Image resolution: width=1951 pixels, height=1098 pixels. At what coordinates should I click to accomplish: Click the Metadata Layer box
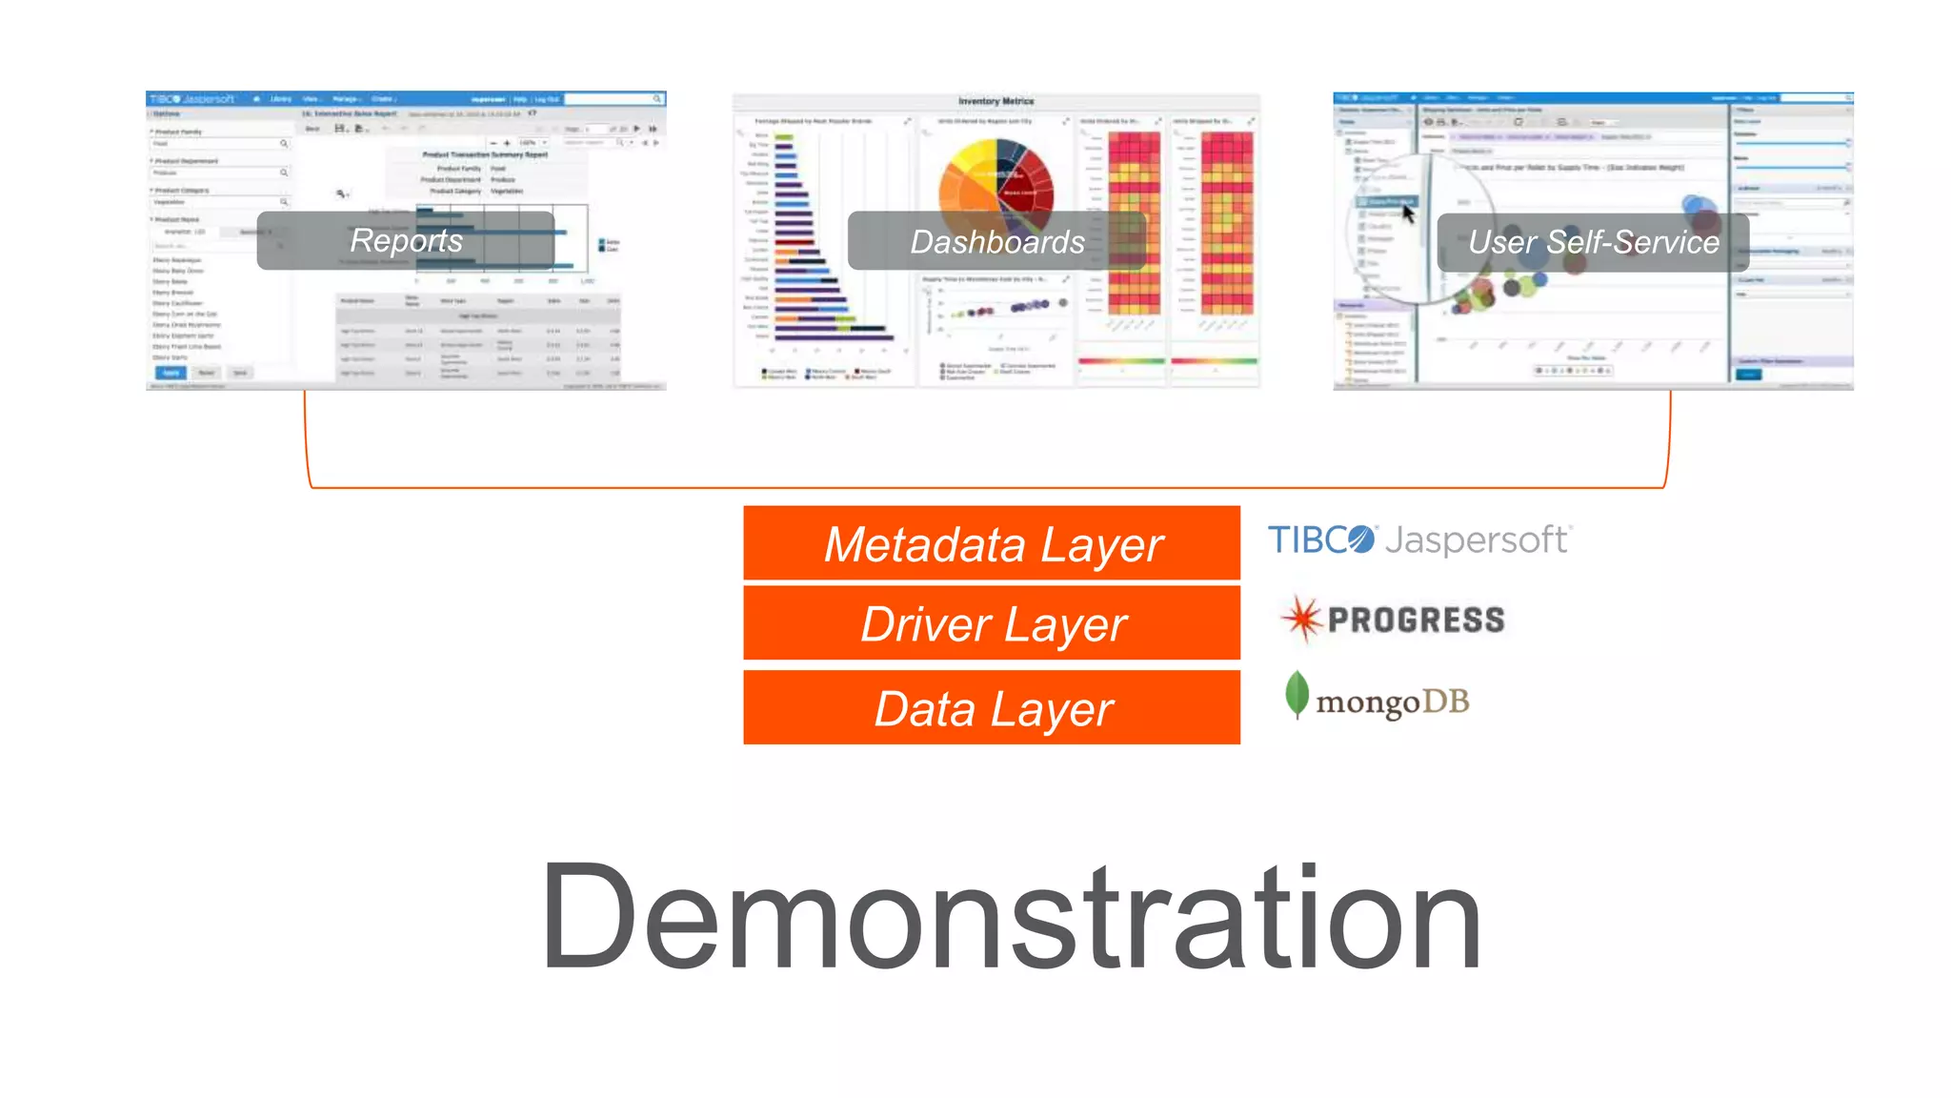coord(991,543)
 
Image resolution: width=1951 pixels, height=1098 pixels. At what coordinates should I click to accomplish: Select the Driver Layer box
coord(991,623)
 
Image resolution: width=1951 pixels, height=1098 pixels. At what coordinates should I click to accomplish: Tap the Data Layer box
coord(991,707)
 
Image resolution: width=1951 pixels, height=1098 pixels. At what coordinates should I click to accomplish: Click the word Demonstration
coord(1010,917)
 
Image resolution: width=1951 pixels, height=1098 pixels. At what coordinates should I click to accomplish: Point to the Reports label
coord(406,240)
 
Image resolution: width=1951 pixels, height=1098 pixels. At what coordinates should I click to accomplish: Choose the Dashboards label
coord(996,241)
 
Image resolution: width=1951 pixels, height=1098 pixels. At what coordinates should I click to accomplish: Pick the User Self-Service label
coord(1593,242)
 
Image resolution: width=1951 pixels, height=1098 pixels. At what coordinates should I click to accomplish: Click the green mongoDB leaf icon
coord(1296,694)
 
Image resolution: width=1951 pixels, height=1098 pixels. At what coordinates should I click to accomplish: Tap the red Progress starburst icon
coord(1301,620)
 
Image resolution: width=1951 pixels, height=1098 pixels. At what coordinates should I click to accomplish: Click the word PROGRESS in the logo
coord(1417,620)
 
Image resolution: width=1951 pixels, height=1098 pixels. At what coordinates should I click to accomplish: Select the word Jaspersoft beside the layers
coord(1476,539)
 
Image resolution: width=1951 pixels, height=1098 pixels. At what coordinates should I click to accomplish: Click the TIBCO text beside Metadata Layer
coord(1320,540)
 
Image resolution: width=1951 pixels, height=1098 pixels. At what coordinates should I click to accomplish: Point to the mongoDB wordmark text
coord(1392,703)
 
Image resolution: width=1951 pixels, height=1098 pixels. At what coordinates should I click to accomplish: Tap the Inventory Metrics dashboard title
coord(996,101)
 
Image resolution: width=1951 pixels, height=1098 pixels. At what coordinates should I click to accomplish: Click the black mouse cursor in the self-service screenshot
coord(1408,213)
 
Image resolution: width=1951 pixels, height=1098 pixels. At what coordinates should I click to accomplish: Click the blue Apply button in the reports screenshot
coord(171,373)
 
